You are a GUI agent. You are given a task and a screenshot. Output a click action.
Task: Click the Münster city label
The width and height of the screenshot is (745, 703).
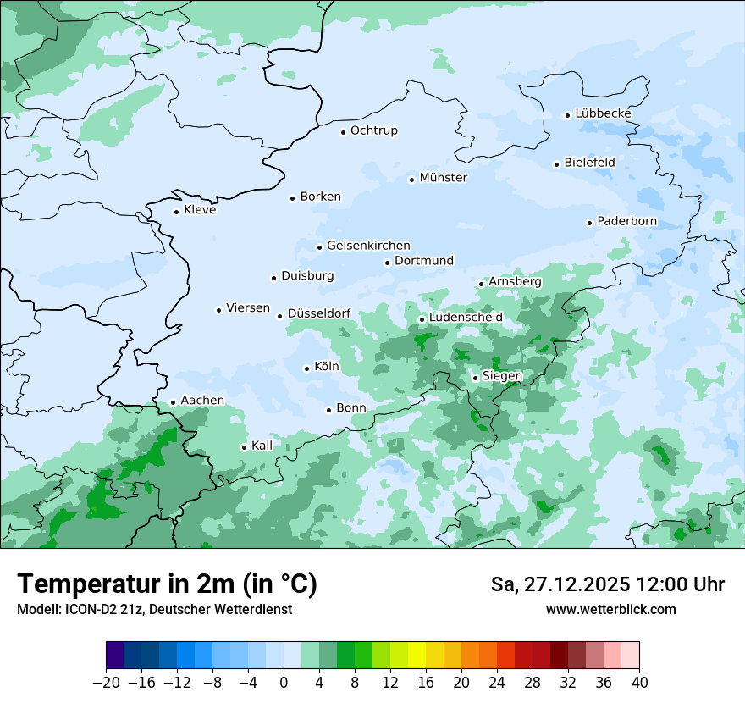pos(443,178)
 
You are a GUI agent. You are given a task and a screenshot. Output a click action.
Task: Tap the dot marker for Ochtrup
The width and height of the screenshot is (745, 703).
pos(344,131)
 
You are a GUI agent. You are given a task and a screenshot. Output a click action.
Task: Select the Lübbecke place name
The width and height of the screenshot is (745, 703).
pos(603,113)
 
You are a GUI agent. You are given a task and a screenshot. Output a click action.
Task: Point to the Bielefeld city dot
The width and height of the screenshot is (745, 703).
pos(557,164)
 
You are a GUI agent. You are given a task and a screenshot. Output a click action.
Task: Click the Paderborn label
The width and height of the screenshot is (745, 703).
pos(626,221)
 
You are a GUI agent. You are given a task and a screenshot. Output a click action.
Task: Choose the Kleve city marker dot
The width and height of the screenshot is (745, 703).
pos(177,212)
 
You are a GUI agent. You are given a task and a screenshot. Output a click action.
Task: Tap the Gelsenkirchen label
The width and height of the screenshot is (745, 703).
pos(368,246)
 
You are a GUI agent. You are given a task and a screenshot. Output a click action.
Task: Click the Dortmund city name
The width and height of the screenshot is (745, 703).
pos(424,261)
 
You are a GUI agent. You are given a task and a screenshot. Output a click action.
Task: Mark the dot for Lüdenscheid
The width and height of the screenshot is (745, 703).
pos(422,319)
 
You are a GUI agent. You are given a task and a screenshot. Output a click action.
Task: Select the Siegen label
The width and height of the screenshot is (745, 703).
pos(502,376)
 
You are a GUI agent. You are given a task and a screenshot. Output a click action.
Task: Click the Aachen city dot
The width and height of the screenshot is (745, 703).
pos(174,403)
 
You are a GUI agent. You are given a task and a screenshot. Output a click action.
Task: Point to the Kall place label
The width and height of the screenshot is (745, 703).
pos(262,446)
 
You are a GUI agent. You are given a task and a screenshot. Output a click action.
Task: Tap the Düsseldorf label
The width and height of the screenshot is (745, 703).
pos(319,313)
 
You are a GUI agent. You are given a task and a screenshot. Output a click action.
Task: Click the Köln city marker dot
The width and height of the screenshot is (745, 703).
pos(307,368)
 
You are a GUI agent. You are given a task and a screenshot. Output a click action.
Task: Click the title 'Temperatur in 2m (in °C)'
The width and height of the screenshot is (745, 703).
pos(167,584)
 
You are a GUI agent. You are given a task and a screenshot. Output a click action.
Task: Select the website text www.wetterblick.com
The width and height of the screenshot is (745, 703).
pos(610,609)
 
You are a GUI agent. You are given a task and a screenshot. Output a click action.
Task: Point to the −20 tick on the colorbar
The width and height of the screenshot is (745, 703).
pos(107,683)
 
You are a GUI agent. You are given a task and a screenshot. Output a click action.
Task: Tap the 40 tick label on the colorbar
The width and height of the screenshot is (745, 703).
pos(639,683)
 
